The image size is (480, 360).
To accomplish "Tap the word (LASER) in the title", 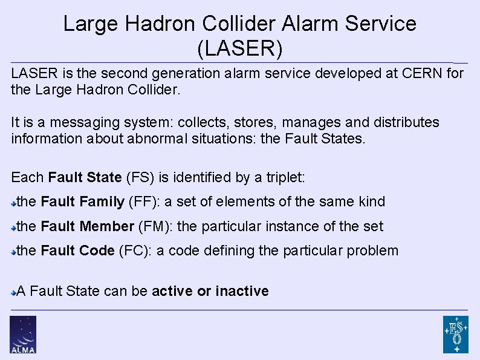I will coord(240,49).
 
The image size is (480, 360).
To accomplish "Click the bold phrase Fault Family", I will coord(83,201).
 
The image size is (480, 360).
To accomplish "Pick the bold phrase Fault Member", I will coord(87,226).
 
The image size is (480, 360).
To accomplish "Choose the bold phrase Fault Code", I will coord(77,250).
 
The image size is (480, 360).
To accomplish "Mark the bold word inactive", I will coord(242,291).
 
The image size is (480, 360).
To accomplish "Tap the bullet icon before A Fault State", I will coord(14,292).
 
